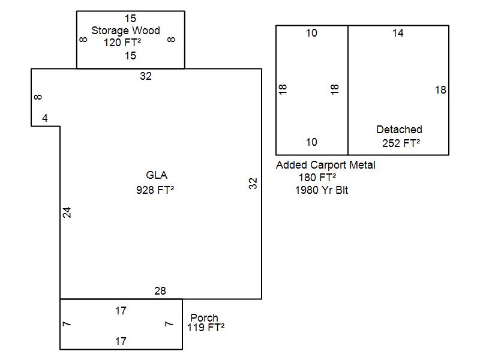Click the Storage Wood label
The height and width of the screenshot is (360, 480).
coord(125,31)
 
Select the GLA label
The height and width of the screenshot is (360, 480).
coord(157,175)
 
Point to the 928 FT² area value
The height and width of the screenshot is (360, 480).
coord(157,190)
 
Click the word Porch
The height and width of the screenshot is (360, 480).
coord(204,317)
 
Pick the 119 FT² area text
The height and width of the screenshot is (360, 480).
coord(206,328)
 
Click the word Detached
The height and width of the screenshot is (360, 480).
coord(399,130)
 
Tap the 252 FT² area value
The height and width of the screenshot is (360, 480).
coord(401,143)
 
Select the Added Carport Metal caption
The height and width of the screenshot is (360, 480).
coord(325,165)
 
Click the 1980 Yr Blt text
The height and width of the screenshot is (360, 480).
coord(322,190)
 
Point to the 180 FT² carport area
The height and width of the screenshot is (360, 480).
coord(317,178)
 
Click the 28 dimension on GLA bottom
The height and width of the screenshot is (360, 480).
coord(160,291)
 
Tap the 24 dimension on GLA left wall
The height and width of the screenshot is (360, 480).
coord(67,212)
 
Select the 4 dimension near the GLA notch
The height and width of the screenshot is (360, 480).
coord(45,119)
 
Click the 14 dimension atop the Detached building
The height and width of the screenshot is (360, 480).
coord(398,33)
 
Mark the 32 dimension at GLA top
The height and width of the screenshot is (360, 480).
coord(146,76)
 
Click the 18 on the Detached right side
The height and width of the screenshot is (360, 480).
coord(440,90)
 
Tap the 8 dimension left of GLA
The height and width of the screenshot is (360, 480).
coord(38,97)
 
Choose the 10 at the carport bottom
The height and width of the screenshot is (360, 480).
coord(311,142)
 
